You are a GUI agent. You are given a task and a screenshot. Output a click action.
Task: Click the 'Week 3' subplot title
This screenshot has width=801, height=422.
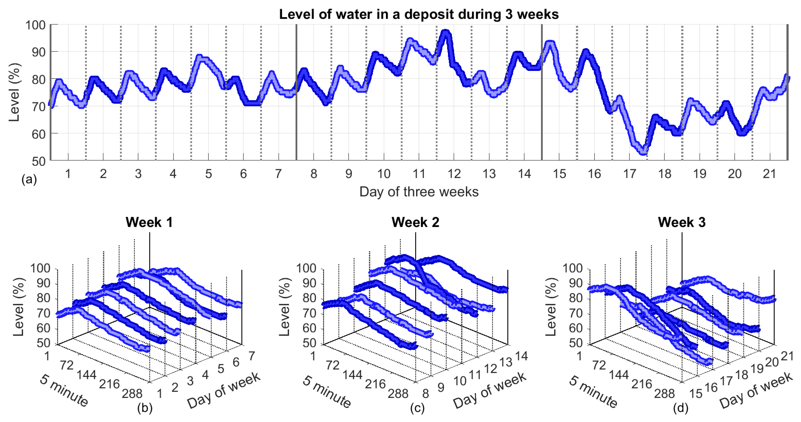(682, 222)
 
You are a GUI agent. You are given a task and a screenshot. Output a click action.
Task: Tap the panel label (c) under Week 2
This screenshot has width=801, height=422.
(417, 408)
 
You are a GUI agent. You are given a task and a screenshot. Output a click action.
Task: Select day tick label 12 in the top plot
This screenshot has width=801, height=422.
(454, 174)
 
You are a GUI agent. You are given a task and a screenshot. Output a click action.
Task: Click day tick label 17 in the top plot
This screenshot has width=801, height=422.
(629, 174)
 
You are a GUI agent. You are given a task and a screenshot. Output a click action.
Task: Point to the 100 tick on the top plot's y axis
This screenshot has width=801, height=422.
(35, 25)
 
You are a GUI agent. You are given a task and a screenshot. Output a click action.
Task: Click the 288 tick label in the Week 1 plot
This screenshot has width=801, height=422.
(132, 394)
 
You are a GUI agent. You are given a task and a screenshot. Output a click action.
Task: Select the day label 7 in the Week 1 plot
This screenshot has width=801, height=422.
(251, 356)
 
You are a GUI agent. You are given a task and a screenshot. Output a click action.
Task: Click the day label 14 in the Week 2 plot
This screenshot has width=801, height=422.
(522, 356)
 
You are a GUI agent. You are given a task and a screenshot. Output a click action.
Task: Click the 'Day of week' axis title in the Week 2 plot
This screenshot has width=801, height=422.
(490, 390)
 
